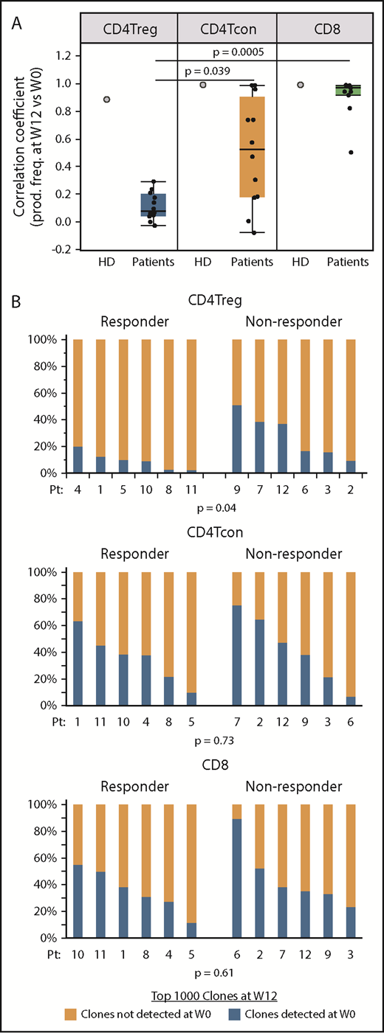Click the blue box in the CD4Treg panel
click(153, 204)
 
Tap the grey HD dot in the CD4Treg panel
click(107, 100)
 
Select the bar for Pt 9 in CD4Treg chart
click(237, 406)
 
